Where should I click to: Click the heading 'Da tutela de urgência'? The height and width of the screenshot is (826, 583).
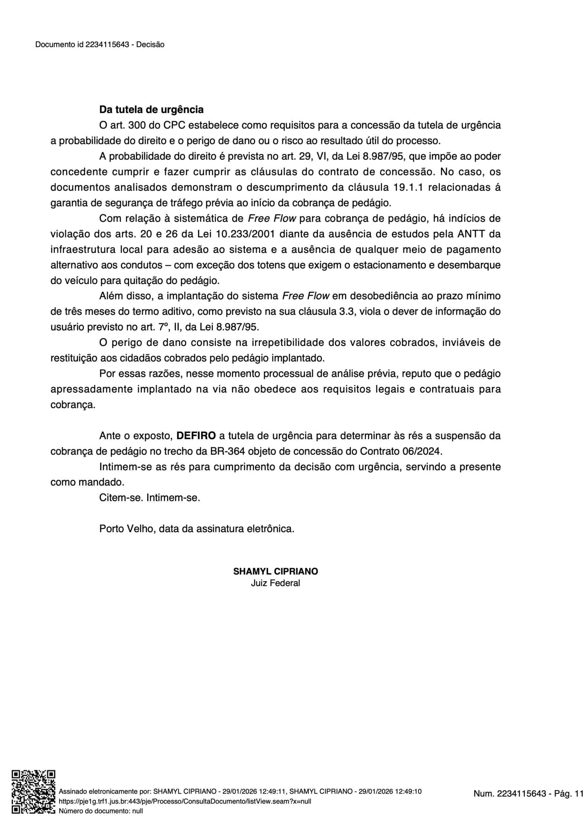[151, 109]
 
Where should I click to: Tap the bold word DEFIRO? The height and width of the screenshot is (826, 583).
[196, 436]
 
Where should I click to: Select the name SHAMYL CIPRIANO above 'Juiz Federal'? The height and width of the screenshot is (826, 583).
[276, 571]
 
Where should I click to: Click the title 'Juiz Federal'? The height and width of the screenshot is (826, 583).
[275, 583]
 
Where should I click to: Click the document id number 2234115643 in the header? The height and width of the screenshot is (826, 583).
[107, 45]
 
